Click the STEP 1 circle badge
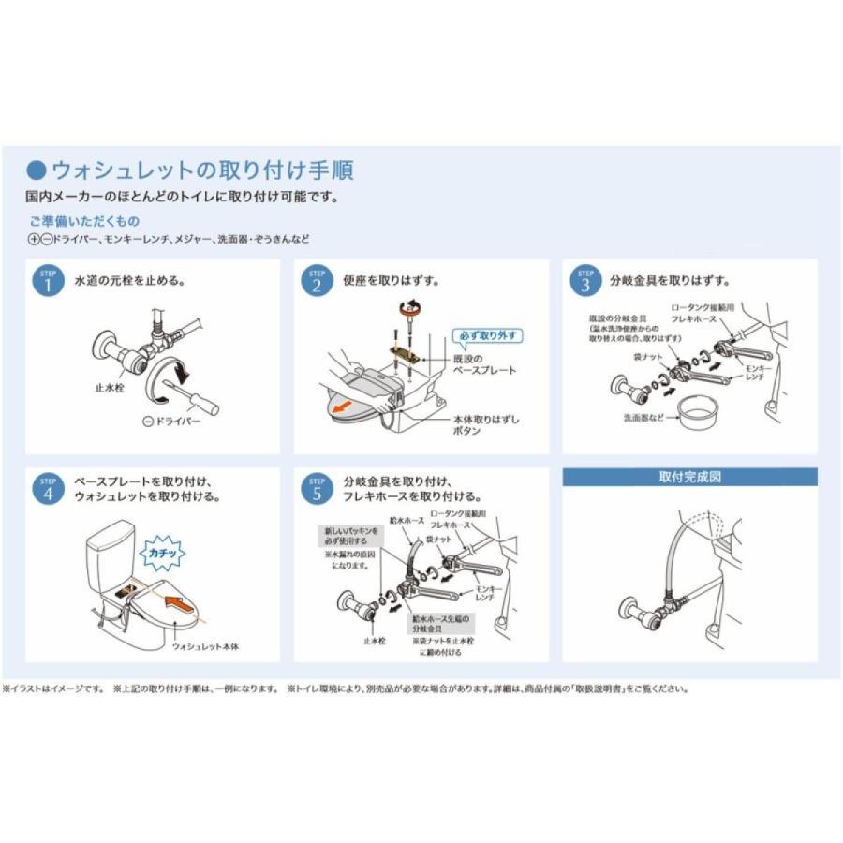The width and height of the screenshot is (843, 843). click(47, 281)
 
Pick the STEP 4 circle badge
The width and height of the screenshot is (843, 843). click(47, 488)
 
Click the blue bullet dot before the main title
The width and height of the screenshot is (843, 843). click(37, 170)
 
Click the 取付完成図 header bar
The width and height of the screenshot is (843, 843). click(689, 477)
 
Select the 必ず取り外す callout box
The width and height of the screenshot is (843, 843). click(487, 335)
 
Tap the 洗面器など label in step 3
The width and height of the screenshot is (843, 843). click(643, 418)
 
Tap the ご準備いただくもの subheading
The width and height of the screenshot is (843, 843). click(83, 221)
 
